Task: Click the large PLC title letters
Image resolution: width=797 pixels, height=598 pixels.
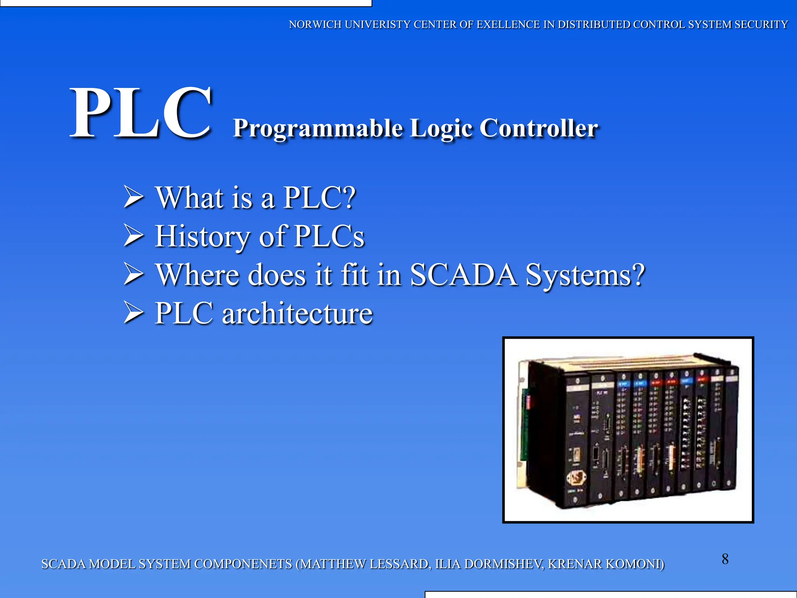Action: click(141, 113)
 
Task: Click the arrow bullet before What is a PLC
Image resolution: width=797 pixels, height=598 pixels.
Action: click(133, 197)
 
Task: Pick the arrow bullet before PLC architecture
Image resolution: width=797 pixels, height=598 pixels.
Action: click(133, 313)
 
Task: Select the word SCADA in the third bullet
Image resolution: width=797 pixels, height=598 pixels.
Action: click(463, 274)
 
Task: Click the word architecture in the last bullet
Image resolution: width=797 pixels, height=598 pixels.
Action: click(297, 313)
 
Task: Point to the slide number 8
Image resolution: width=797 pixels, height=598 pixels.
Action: click(725, 559)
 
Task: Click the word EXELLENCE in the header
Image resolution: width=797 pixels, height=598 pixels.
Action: click(508, 25)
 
